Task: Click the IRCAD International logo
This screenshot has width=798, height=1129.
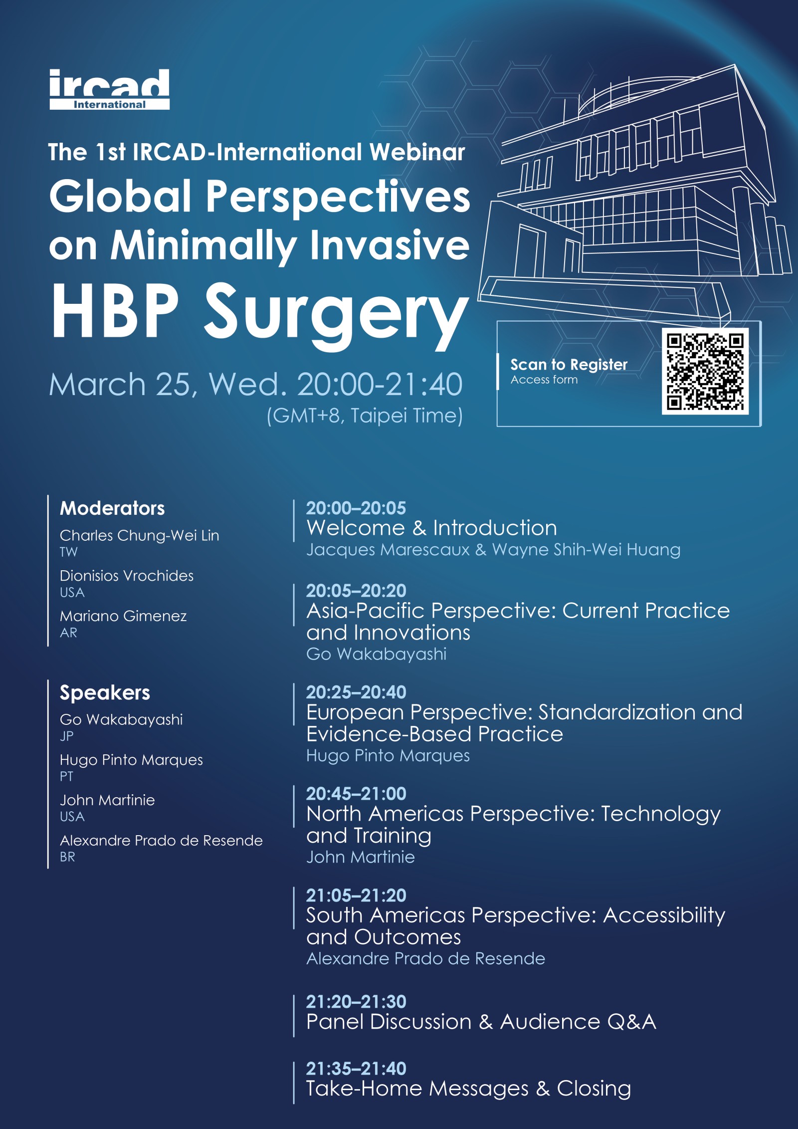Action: (x=109, y=89)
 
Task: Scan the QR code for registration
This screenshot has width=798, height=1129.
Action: (x=705, y=371)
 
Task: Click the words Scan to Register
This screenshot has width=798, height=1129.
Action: (x=569, y=365)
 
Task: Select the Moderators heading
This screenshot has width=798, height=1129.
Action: (x=112, y=508)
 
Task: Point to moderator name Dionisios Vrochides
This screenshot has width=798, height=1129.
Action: (x=127, y=576)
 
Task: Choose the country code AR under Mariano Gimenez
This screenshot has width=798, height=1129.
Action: (x=69, y=633)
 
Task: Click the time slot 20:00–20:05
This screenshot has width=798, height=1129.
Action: (x=356, y=508)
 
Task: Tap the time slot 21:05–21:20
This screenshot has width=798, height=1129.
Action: (x=356, y=896)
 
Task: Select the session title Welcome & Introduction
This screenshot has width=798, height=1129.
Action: (x=432, y=528)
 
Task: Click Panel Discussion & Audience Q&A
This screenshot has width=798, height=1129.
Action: (x=481, y=1022)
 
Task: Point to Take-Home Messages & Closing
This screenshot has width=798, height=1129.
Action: (x=469, y=1089)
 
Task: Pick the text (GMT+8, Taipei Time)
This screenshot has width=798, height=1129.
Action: (x=365, y=416)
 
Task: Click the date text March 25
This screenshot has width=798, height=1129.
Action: (x=120, y=385)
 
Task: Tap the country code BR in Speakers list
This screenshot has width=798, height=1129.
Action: (x=67, y=857)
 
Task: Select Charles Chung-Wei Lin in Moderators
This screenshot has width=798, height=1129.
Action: (x=140, y=536)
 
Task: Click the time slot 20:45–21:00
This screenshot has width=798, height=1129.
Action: (x=356, y=794)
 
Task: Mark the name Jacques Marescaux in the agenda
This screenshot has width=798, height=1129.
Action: (x=388, y=550)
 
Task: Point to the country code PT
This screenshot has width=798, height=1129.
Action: (x=66, y=776)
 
